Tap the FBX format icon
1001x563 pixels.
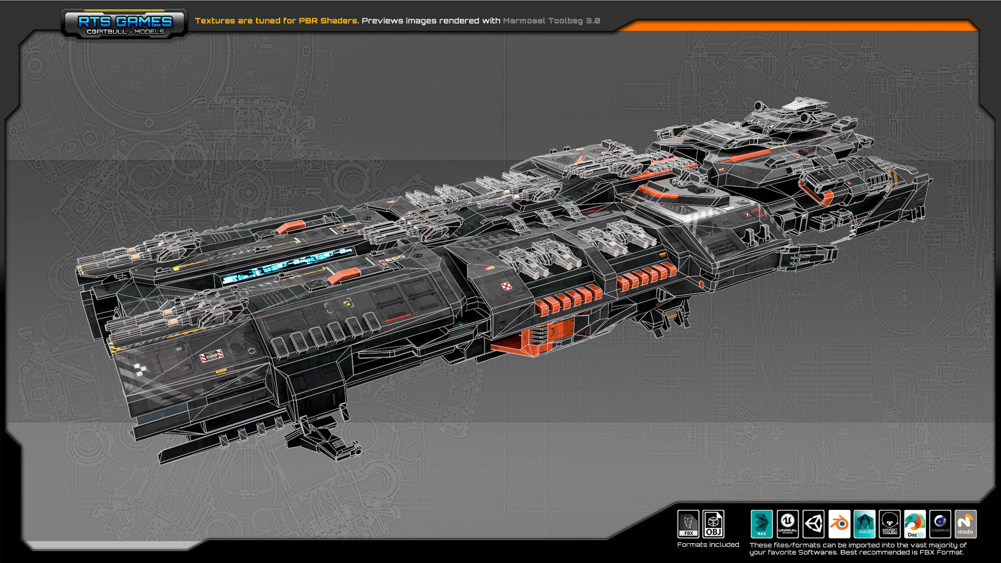pos(688,524)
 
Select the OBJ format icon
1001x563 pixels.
pos(713,524)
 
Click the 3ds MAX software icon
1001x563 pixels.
pos(762,524)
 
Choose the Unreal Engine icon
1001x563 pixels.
pos(787,524)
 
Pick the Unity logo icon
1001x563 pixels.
pos(813,524)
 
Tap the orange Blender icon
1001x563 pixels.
pos(839,524)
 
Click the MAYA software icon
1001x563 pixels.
pos(864,524)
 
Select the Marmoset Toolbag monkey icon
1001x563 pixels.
pos(889,524)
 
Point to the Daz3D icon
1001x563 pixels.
pos(915,524)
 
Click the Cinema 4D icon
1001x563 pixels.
pos(940,524)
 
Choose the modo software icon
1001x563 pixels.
pos(966,524)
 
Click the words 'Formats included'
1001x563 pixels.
pos(708,545)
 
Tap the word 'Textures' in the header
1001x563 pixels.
pos(215,21)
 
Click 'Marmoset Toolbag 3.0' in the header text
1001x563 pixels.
pos(551,21)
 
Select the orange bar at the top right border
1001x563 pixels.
pos(798,26)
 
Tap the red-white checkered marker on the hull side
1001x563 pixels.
pos(506,286)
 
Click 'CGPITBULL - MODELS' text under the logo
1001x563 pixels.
pos(125,32)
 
